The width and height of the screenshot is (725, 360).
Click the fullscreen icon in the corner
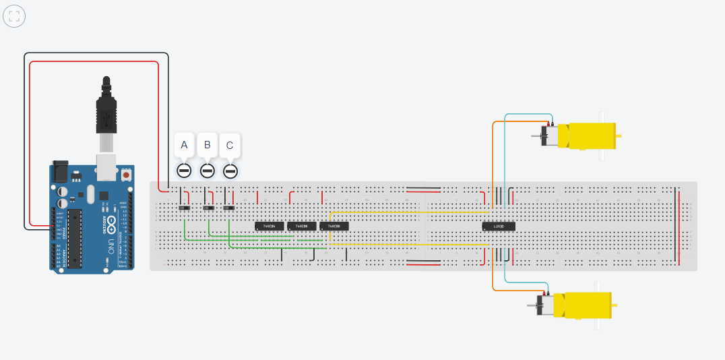pyautogui.click(x=14, y=16)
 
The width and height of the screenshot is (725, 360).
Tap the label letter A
pyautogui.click(x=185, y=144)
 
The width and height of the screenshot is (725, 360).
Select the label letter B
pyautogui.click(x=208, y=144)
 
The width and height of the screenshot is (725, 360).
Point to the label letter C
pyautogui.click(x=230, y=145)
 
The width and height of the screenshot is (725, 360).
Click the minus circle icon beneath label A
pyautogui.click(x=184, y=171)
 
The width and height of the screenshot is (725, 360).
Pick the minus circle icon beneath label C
pyautogui.click(x=230, y=171)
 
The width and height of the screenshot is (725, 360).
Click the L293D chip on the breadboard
pyautogui.click(x=499, y=226)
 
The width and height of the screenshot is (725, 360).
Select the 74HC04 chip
pyautogui.click(x=269, y=226)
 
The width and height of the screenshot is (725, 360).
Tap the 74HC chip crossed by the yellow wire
pyautogui.click(x=334, y=226)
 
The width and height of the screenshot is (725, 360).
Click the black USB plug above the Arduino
pyautogui.click(x=106, y=111)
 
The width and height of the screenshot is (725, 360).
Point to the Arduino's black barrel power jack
pyautogui.click(x=61, y=172)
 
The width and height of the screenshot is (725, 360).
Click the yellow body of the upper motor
pyautogui.click(x=592, y=136)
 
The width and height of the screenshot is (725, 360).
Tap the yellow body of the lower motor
pyautogui.click(x=586, y=305)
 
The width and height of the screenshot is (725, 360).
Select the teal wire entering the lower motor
pyautogui.click(x=505, y=270)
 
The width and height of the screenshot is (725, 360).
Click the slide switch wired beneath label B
pyautogui.click(x=209, y=208)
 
